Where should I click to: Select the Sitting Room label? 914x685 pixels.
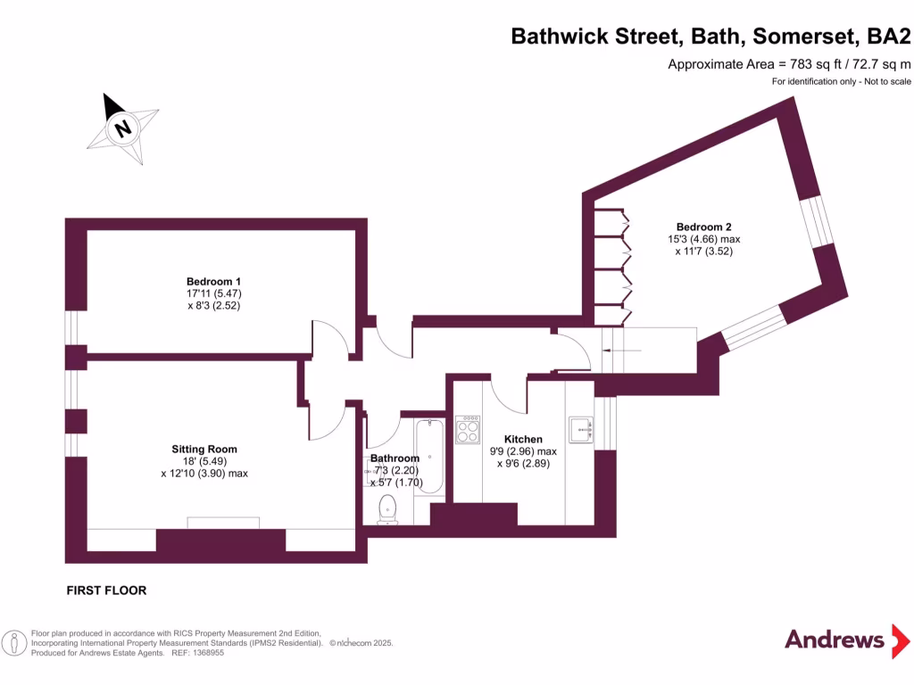(x=204, y=449)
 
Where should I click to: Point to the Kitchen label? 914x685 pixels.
(x=523, y=439)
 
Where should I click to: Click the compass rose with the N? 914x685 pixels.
(x=123, y=128)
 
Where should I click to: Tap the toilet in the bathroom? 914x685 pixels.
(x=387, y=511)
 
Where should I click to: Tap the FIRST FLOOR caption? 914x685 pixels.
(x=106, y=590)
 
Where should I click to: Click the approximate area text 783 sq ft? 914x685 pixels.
(x=789, y=64)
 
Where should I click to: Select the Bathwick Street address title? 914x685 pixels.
(x=710, y=37)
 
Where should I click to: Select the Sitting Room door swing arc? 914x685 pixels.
(x=328, y=419)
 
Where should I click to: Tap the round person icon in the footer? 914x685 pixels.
(x=13, y=642)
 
